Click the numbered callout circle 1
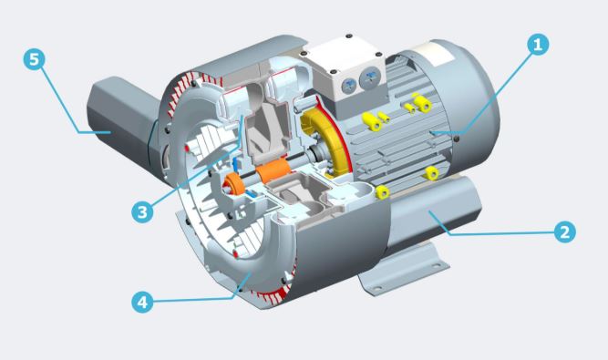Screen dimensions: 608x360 538,45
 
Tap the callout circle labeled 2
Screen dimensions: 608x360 564,231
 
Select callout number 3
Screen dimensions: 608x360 142,212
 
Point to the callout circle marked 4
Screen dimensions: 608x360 142,302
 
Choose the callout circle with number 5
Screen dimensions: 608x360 34,59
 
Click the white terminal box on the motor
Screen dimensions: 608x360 345,74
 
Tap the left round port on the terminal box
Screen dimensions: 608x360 349,86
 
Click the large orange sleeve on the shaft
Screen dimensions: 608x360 273,171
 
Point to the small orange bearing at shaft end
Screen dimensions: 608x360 235,185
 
